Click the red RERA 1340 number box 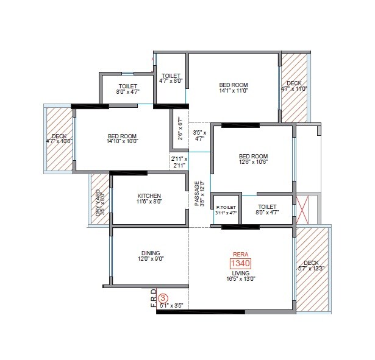(240, 263)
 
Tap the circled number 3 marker (163, 298)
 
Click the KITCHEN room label (149, 196)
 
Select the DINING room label (150, 253)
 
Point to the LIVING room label (240, 274)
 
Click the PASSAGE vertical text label (197, 194)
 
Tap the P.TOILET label (226, 208)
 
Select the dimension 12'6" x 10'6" (253, 163)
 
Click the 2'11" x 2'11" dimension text (179, 162)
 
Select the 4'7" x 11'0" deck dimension (293, 89)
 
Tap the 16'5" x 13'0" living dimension (240, 280)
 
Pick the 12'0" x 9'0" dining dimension (150, 259)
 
